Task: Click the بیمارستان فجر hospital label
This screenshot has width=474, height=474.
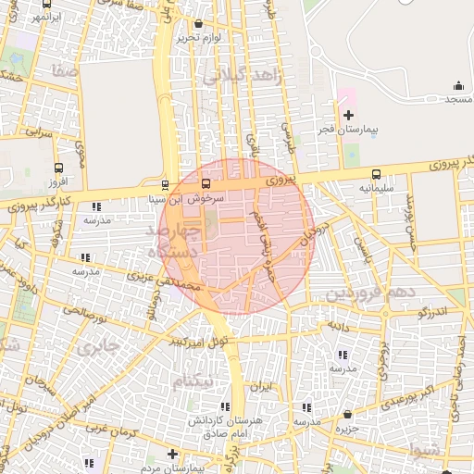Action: (348, 131)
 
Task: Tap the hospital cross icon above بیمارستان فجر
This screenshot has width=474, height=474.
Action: (348, 116)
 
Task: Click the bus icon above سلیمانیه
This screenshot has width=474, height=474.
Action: (376, 174)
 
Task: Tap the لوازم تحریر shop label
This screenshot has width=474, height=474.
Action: (201, 37)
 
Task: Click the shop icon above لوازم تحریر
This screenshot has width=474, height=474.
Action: (201, 23)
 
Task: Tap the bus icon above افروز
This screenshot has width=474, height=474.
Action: (60, 168)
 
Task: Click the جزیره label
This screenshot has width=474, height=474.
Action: (347, 429)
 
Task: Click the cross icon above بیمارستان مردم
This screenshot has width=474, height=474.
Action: (172, 454)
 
